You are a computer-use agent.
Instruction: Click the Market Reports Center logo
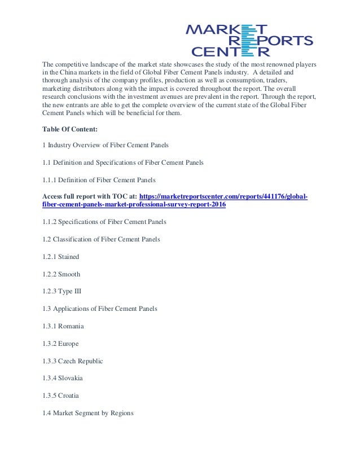pyautogui.click(x=249, y=39)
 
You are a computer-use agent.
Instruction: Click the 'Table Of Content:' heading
pyautogui.click(x=71, y=128)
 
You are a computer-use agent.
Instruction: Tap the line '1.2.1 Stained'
pyautogui.click(x=61, y=257)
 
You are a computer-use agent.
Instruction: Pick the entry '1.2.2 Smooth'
pyautogui.click(x=62, y=274)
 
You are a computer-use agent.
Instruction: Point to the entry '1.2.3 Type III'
pyautogui.click(x=62, y=292)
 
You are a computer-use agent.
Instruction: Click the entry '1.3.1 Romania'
pyautogui.click(x=63, y=326)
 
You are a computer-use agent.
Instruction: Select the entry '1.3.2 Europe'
pyautogui.click(x=61, y=344)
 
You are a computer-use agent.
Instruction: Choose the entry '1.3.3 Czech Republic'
pyautogui.click(x=73, y=361)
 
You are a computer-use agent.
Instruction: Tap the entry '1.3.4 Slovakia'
pyautogui.click(x=63, y=378)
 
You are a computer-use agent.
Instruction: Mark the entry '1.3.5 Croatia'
pyautogui.click(x=62, y=395)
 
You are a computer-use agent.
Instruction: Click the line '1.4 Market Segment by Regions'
pyautogui.click(x=88, y=413)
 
